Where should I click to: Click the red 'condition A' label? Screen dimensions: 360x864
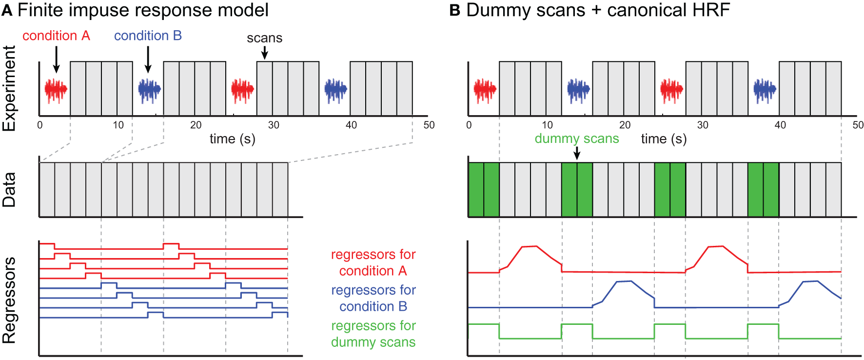tap(56, 36)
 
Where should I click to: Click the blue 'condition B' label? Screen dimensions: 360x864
tap(148, 36)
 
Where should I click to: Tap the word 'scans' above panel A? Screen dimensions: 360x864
tap(264, 38)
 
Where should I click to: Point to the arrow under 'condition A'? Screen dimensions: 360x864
tap(56, 59)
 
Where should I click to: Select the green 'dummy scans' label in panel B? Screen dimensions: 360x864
tap(576, 139)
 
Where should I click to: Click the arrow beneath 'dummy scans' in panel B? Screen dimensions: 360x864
tap(577, 153)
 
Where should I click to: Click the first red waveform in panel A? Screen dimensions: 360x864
tap(56, 90)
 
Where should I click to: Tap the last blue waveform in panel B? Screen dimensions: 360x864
tap(764, 90)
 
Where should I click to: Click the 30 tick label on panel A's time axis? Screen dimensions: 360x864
tap(274, 125)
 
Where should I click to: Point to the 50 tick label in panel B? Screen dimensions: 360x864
tap(858, 125)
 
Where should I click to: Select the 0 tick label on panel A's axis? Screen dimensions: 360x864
tap(40, 125)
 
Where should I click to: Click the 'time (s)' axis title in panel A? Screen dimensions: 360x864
tap(233, 139)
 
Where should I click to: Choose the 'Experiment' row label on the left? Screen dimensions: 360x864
tap(10, 88)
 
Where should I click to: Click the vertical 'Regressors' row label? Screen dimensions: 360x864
tap(10, 300)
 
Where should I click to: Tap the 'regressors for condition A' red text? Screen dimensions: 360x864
tap(373, 262)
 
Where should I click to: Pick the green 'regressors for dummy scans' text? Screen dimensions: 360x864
tap(373, 334)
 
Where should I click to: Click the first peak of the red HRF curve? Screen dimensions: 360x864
tap(530, 246)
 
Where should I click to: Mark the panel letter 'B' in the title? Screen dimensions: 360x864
tap(454, 10)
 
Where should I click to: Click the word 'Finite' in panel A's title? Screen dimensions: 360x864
tap(41, 10)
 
